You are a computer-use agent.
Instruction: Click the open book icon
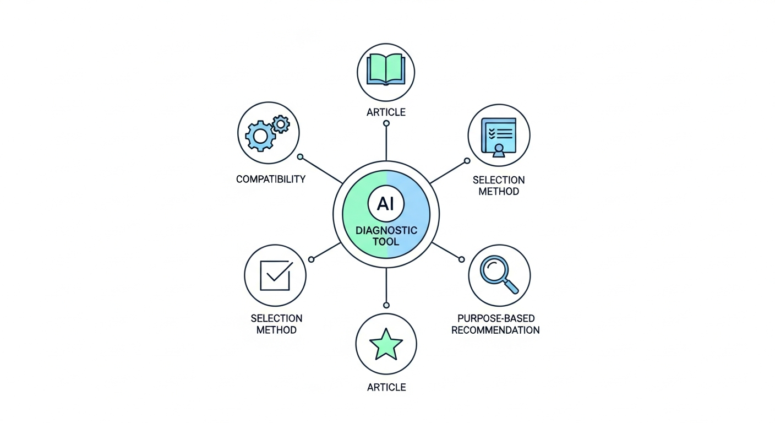click(386, 69)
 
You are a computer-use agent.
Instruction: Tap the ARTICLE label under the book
click(386, 112)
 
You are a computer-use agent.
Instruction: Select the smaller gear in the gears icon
click(281, 124)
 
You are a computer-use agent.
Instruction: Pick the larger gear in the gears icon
click(260, 136)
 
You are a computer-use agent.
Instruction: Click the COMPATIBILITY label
click(271, 179)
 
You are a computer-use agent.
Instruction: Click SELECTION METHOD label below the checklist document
click(499, 186)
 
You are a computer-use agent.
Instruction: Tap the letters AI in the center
click(386, 204)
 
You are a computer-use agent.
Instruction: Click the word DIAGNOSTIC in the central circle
click(386, 230)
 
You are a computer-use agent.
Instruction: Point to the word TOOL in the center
click(386, 241)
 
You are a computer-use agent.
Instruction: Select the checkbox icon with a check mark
click(276, 275)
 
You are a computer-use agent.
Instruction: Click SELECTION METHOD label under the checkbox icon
click(276, 324)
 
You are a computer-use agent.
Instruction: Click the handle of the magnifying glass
click(511, 287)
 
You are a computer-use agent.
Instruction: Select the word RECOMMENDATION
click(495, 330)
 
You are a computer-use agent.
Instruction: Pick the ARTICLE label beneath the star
click(386, 387)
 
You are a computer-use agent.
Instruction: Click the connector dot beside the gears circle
click(301, 157)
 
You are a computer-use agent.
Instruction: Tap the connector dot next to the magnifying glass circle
click(462, 259)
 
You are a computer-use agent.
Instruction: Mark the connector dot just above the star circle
click(386, 305)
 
